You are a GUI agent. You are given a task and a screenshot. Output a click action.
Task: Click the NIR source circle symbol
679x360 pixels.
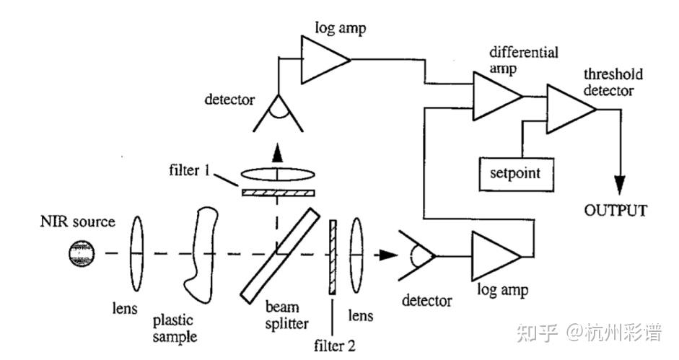point(82,253)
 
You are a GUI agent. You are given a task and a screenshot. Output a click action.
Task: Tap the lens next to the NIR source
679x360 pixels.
point(137,254)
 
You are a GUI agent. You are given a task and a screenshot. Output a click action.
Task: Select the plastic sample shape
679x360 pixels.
point(201,256)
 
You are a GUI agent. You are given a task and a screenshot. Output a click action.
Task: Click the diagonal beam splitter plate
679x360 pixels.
point(280,256)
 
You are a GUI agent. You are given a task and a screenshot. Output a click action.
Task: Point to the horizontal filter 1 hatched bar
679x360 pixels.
point(279,193)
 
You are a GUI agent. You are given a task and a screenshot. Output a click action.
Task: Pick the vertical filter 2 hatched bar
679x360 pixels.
point(333,258)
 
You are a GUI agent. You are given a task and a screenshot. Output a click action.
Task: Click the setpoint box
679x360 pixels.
point(516,174)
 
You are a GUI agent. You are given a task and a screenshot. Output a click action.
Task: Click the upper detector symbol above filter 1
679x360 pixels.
point(278,113)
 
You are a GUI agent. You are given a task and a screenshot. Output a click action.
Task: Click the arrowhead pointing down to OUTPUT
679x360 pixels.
point(620,185)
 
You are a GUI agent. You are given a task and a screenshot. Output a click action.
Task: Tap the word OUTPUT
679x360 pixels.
point(616,211)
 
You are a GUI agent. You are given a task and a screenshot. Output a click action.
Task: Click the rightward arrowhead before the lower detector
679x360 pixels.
point(388,255)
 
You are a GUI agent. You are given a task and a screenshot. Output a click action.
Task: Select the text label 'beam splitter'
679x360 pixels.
point(286,315)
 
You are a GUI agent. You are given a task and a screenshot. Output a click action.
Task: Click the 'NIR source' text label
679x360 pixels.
point(77,221)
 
